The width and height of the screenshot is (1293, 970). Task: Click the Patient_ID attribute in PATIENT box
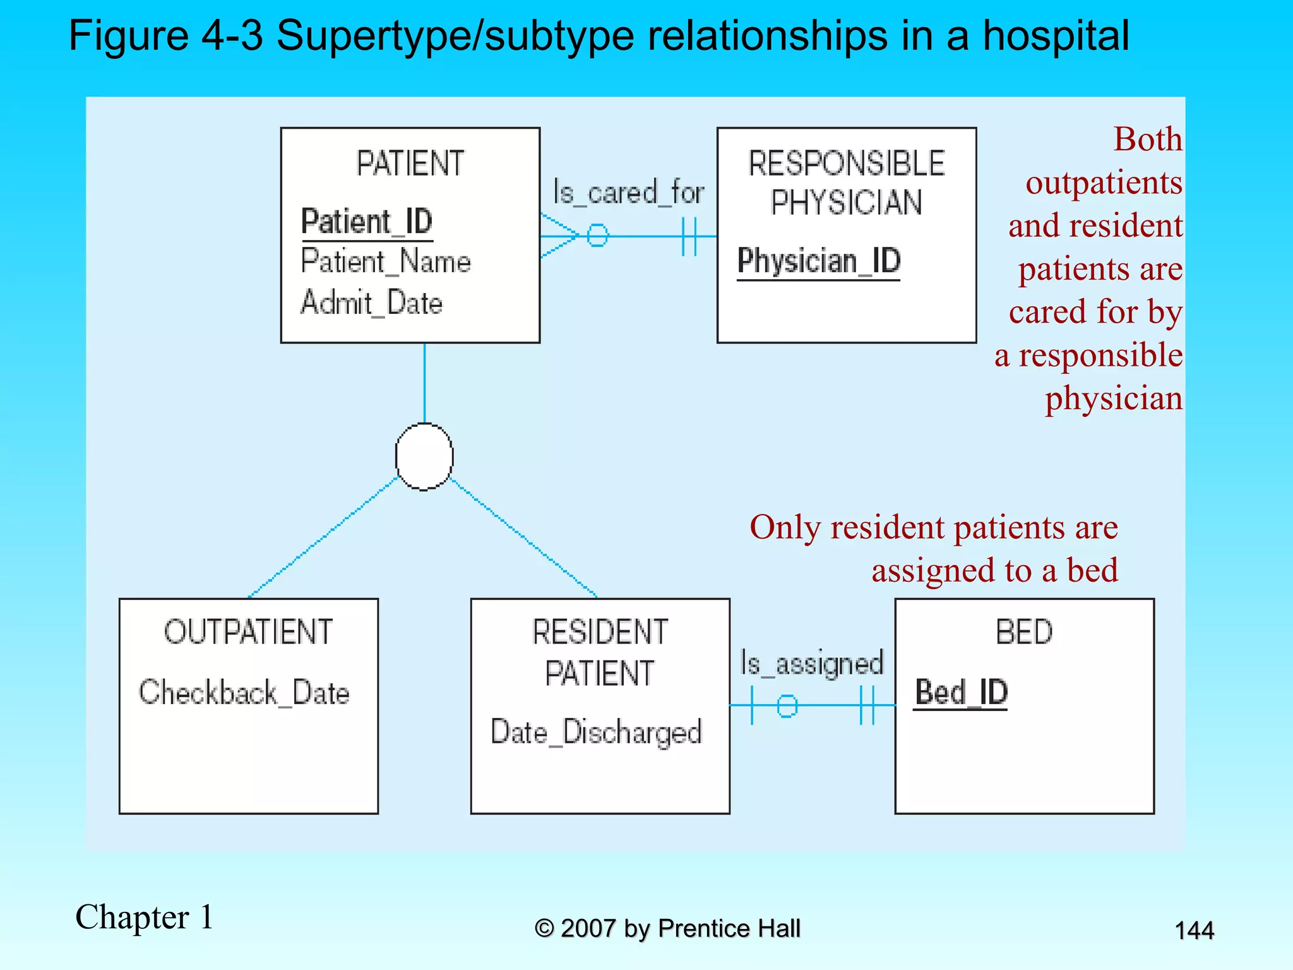point(367,222)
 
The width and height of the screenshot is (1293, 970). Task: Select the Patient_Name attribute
point(386,261)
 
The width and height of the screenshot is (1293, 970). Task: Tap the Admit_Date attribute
point(372,302)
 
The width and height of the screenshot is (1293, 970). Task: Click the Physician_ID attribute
point(819,261)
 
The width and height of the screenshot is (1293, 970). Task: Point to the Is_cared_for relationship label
point(628,192)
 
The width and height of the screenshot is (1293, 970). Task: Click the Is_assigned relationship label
point(812,664)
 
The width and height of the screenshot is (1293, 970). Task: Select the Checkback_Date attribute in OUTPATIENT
point(244,693)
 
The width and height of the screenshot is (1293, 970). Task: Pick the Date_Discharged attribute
point(597,733)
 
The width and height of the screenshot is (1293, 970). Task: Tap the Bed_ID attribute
point(961,692)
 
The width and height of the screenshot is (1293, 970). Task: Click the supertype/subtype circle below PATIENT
point(424,456)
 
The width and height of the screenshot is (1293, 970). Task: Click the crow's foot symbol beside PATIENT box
point(559,236)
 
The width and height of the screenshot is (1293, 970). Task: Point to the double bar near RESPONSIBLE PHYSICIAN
point(689,236)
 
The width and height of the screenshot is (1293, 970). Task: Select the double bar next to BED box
point(867,705)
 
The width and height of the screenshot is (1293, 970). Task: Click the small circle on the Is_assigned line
point(787,705)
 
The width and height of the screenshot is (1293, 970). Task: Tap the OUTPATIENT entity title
point(248,632)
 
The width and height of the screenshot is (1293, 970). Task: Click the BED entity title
point(1024,632)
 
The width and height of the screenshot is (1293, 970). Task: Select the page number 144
point(1194,930)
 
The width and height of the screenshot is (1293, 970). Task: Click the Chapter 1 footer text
point(144,917)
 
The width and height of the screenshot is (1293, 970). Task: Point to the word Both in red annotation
point(1147,139)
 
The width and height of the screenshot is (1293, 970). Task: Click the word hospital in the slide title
point(1056,35)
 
